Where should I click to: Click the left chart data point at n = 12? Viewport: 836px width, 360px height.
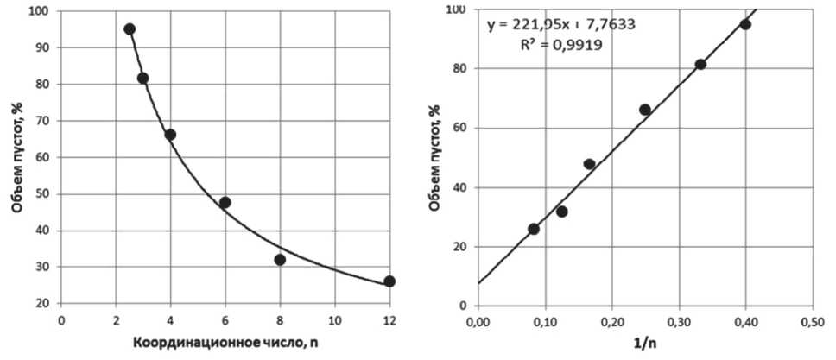pyautogui.click(x=389, y=281)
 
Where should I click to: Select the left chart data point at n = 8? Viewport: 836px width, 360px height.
pyautogui.click(x=280, y=260)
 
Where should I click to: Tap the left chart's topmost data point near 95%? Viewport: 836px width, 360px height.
pyautogui.click(x=130, y=28)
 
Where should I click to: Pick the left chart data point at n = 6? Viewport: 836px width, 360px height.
pyautogui.click(x=225, y=203)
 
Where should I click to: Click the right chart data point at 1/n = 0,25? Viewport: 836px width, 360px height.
pyautogui.click(x=645, y=110)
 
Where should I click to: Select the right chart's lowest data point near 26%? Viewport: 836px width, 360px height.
pyautogui.click(x=534, y=229)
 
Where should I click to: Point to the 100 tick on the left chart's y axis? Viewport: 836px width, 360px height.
pyautogui.click(x=39, y=12)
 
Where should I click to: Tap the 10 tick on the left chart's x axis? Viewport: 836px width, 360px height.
pyautogui.click(x=334, y=319)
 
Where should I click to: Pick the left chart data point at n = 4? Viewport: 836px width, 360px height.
pyautogui.click(x=170, y=135)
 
